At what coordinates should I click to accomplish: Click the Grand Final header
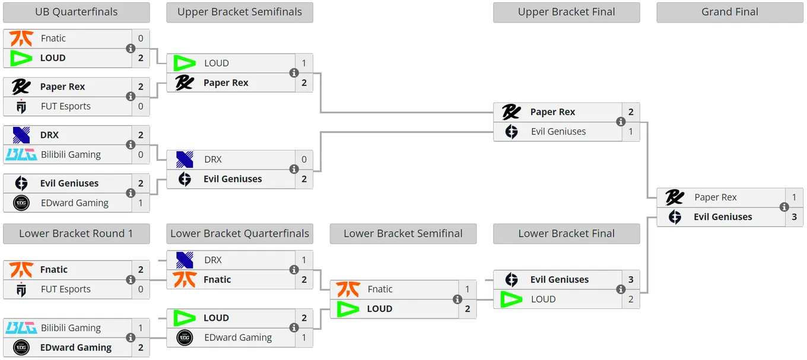point(729,12)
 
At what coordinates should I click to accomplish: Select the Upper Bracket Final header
point(566,12)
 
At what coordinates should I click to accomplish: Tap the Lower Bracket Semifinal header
point(403,234)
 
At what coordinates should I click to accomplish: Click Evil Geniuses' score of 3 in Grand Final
point(794,216)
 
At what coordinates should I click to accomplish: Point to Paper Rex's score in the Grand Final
point(794,197)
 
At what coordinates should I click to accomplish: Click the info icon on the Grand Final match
point(784,207)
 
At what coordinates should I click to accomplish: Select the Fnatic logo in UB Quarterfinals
point(21,38)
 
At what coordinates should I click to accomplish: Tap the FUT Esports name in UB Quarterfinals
point(65,106)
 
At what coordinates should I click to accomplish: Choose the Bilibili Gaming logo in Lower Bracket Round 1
point(21,327)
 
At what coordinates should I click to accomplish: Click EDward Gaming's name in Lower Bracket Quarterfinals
point(238,337)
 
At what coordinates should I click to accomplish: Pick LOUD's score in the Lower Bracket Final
point(631,299)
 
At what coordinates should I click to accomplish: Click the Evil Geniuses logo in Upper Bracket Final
point(511,132)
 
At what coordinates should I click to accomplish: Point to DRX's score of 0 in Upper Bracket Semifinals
point(304,160)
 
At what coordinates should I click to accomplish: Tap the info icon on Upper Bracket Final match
point(621,122)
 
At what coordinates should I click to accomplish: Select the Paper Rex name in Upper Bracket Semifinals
point(226,83)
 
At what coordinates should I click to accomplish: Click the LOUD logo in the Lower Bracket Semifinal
point(348,309)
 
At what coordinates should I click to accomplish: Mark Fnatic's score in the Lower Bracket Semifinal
point(467,289)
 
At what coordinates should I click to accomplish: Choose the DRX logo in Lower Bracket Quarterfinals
point(185,260)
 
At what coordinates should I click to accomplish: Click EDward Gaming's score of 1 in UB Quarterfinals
point(141,203)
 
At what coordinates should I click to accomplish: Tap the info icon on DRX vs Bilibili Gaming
point(131,145)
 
